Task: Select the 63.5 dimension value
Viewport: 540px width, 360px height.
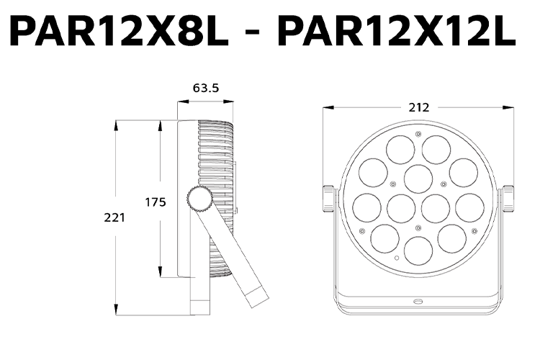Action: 205,89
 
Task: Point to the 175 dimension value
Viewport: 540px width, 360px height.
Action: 156,202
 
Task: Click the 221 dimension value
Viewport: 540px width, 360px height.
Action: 114,217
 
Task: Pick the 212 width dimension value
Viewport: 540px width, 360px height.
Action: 418,107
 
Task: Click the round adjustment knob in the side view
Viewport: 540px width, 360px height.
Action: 199,197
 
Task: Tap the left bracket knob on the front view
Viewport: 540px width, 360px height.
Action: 329,199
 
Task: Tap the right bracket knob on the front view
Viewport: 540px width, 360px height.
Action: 508,199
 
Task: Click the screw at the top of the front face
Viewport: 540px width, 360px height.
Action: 418,134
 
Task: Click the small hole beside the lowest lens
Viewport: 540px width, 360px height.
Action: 396,258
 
